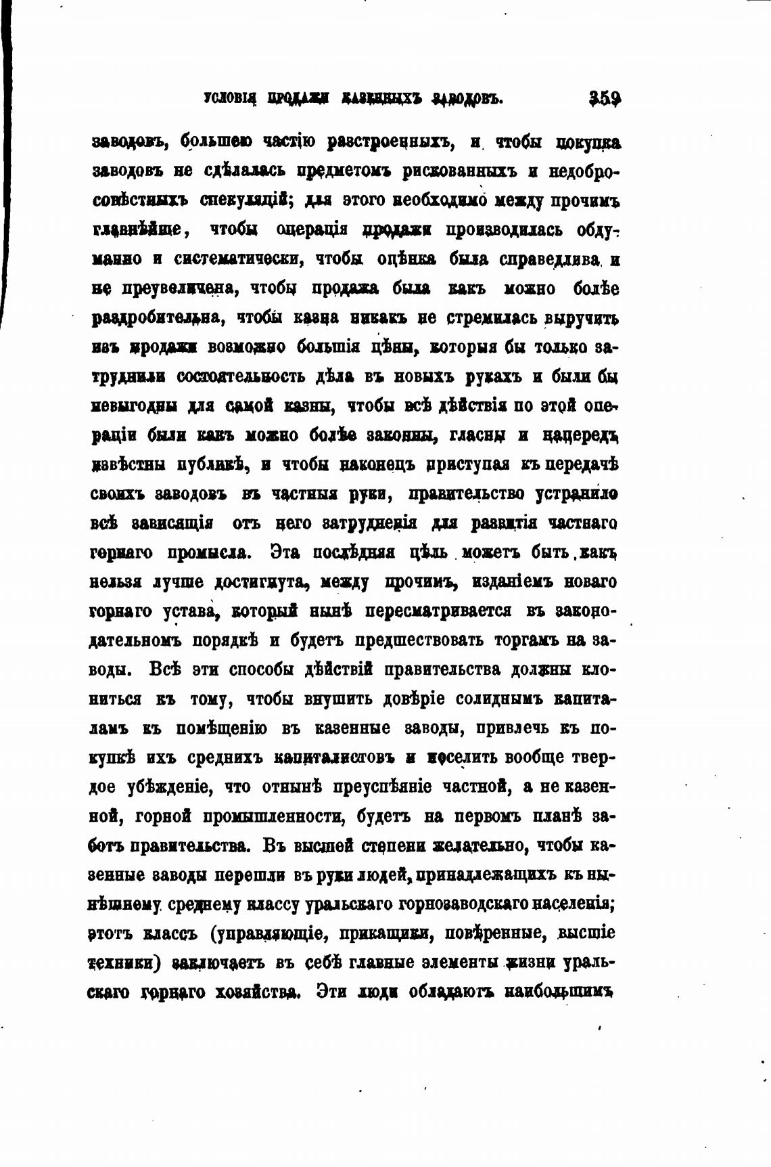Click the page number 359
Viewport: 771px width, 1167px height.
(605, 99)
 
